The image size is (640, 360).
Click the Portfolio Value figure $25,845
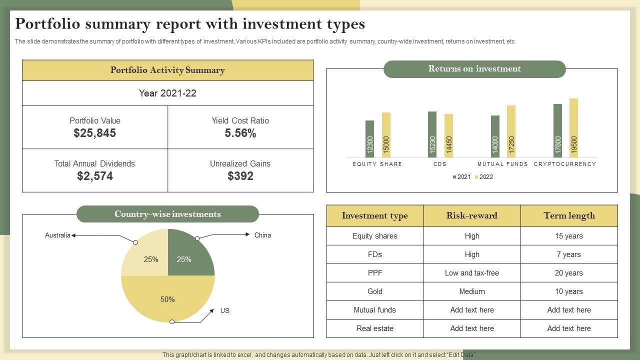pos(94,133)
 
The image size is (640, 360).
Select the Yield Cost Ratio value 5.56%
pos(240,133)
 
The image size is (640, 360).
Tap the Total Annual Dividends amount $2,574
pos(95,176)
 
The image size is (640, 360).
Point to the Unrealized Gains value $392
pos(240,176)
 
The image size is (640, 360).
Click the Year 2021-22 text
pos(167,93)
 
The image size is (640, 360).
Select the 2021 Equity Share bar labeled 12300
pos(370,139)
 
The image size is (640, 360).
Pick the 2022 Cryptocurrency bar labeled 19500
pos(573,128)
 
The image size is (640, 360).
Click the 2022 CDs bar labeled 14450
pos(448,136)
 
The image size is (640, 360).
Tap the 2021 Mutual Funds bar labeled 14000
pos(495,137)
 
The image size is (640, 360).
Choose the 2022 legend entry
pos(483,177)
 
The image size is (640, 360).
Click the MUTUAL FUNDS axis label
pos(502,164)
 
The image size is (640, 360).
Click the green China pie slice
pos(187,255)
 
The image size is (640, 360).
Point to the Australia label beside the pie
pos(57,235)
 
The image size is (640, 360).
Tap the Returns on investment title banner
pos(474,69)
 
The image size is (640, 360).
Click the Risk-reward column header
pos(472,215)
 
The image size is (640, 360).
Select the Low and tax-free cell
pos(472,273)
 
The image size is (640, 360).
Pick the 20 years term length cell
pos(569,273)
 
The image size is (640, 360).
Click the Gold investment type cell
pos(375,291)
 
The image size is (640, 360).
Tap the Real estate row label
pos(375,328)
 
